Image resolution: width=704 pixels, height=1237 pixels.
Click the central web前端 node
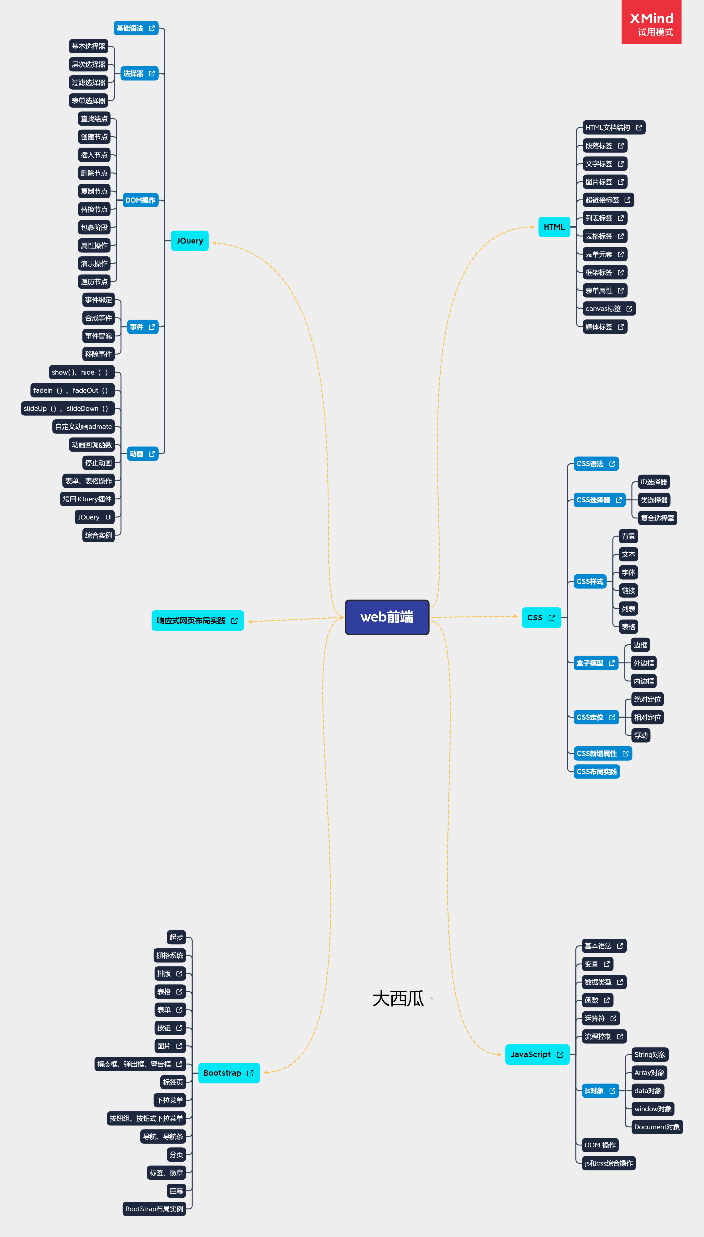point(387,617)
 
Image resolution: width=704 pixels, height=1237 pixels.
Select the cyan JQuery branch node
point(190,241)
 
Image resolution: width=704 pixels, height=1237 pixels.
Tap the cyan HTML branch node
point(554,227)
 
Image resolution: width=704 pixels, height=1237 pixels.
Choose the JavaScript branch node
point(537,1054)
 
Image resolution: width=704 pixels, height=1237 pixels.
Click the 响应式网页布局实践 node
point(197,621)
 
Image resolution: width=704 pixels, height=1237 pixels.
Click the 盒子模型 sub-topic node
point(595,663)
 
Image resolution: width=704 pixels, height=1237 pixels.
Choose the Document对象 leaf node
point(657,1127)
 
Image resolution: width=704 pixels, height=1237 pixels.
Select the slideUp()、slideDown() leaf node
point(68,409)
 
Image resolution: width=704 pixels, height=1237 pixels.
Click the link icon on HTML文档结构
point(639,128)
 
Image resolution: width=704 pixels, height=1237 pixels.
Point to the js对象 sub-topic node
point(600,1091)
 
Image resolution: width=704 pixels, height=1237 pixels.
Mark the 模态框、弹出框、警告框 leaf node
point(140,1064)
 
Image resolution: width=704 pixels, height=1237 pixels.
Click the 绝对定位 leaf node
point(648,699)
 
